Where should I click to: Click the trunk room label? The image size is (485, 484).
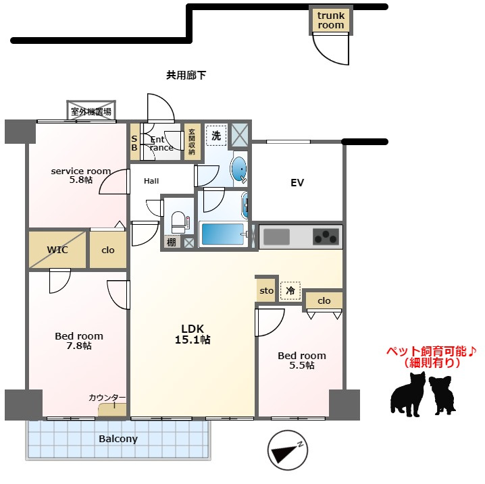[331, 20]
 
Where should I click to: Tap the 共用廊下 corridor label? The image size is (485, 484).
[186, 75]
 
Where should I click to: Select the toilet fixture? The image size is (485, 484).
[180, 222]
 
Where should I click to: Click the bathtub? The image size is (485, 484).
[223, 234]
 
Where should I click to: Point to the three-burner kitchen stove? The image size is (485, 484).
[326, 237]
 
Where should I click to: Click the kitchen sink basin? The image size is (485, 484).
[276, 237]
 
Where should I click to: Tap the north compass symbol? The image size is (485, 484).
[287, 450]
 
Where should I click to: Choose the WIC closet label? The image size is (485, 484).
[57, 250]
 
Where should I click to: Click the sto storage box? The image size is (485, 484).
[266, 290]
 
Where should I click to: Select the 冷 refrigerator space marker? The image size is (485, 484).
[290, 290]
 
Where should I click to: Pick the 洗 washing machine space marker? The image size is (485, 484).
[216, 135]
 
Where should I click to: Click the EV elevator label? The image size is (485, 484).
[297, 183]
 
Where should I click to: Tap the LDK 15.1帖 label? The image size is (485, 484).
[193, 334]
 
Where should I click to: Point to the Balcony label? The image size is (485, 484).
[118, 439]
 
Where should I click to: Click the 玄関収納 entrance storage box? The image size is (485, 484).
[192, 142]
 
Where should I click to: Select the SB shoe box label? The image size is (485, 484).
[134, 143]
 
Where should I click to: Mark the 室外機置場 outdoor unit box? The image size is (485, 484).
[91, 111]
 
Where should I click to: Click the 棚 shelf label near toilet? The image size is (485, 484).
[172, 242]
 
